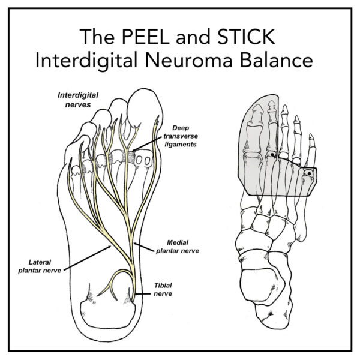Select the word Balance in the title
(x=289, y=61)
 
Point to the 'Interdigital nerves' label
(x=79, y=100)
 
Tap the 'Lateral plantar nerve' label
(x=47, y=266)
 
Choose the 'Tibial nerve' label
(x=163, y=290)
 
